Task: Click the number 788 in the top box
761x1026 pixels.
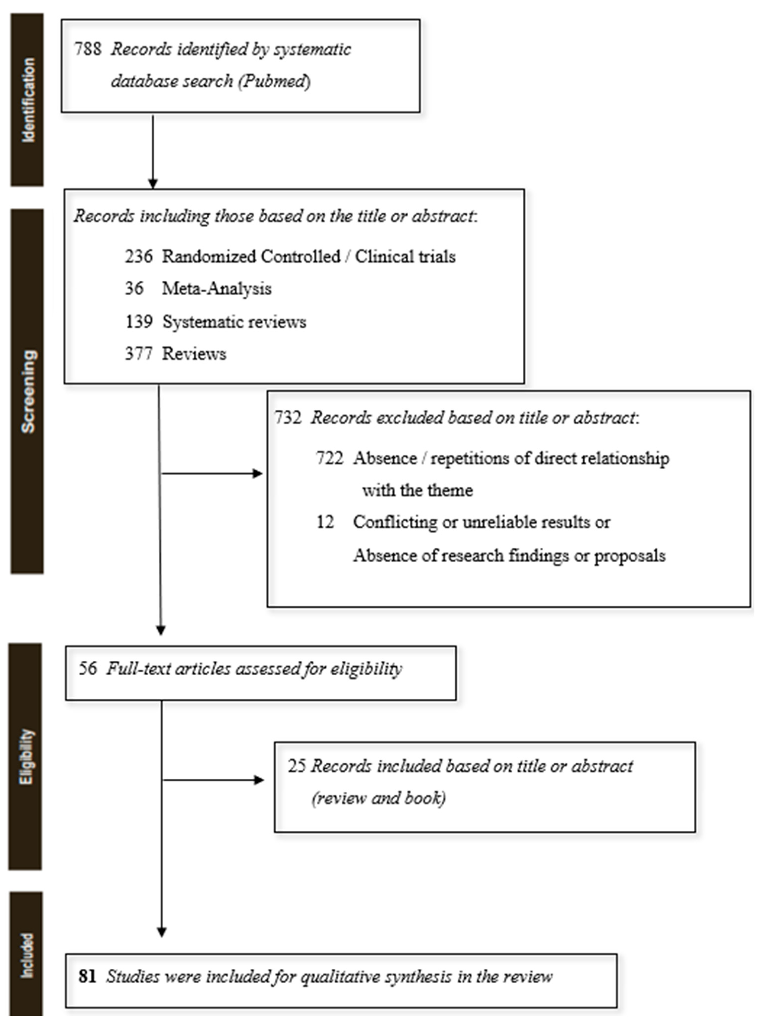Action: tap(88, 49)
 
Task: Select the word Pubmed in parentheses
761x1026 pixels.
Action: tap(274, 81)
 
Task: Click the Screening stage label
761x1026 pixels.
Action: tap(28, 392)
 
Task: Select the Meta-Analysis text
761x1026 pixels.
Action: tap(216, 289)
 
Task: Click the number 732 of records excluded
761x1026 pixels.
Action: tap(288, 418)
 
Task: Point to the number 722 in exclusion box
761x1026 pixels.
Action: tap(329, 458)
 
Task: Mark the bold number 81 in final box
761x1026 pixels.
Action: tap(87, 976)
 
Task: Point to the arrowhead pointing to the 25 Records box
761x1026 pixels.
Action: tap(259, 780)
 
